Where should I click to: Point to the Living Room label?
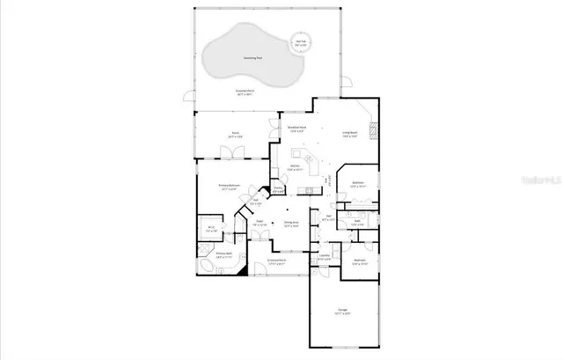pos(349,134)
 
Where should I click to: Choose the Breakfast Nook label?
pos(296,129)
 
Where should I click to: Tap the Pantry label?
pos(277,188)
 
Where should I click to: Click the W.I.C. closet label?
pos(211,229)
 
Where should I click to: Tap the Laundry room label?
pos(325,257)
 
